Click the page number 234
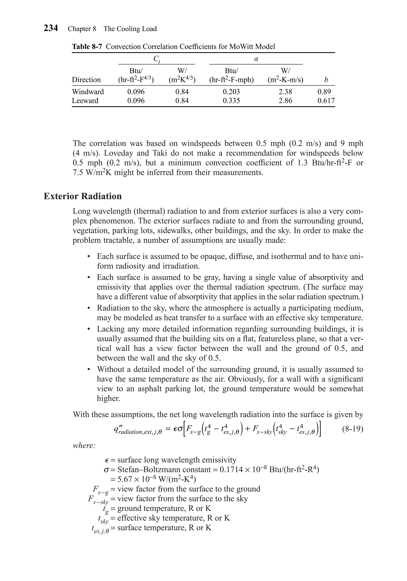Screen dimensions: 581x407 point(51,28)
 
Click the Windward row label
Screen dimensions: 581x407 point(88,92)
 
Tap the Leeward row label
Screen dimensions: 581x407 point(85,101)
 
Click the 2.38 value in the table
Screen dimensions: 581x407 point(285,92)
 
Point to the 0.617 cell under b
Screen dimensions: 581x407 point(326,101)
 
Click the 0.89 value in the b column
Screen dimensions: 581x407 point(324,92)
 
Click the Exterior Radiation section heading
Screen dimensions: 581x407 point(82,196)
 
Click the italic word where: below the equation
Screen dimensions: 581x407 point(84,446)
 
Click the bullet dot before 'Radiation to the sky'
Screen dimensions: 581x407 point(88,308)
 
